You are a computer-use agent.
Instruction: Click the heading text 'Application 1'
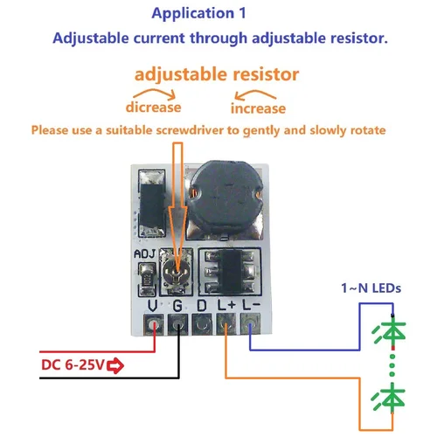click(x=198, y=14)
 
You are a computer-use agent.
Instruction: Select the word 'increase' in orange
click(x=258, y=108)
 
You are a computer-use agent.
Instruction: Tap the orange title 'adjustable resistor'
click(x=216, y=73)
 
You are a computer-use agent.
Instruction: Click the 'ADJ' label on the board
click(x=146, y=255)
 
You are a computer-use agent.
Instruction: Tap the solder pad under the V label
click(x=154, y=326)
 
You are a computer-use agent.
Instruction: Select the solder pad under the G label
click(x=178, y=326)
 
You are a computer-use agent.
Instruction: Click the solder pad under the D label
click(x=203, y=326)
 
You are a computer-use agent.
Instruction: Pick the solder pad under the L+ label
click(x=226, y=326)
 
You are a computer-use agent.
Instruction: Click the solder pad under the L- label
click(x=251, y=326)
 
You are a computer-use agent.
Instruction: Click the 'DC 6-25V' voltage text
click(x=72, y=364)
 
